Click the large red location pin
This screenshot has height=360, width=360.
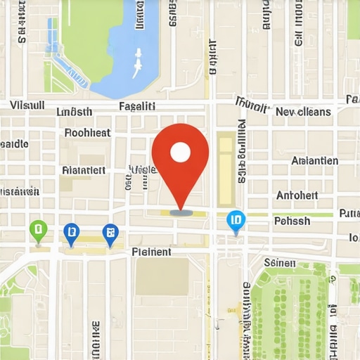click(x=181, y=158)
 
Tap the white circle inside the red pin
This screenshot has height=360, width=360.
click(x=181, y=151)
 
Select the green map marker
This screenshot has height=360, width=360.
click(x=38, y=229)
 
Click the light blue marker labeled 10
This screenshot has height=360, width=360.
click(x=236, y=221)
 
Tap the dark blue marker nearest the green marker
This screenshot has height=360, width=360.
click(x=71, y=231)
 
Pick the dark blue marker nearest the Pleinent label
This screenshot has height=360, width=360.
click(x=110, y=232)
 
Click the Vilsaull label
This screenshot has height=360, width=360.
click(x=27, y=105)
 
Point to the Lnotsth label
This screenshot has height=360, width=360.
click(x=74, y=112)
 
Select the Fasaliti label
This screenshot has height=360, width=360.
click(x=137, y=106)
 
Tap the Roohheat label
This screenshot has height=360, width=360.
click(x=87, y=132)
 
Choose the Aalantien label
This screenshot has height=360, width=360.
click(x=314, y=161)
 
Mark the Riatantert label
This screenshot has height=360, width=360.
click(x=84, y=169)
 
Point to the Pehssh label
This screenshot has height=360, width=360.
click(x=292, y=221)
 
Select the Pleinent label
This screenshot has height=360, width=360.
click(x=151, y=251)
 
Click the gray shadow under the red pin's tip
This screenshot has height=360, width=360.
click(x=181, y=211)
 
